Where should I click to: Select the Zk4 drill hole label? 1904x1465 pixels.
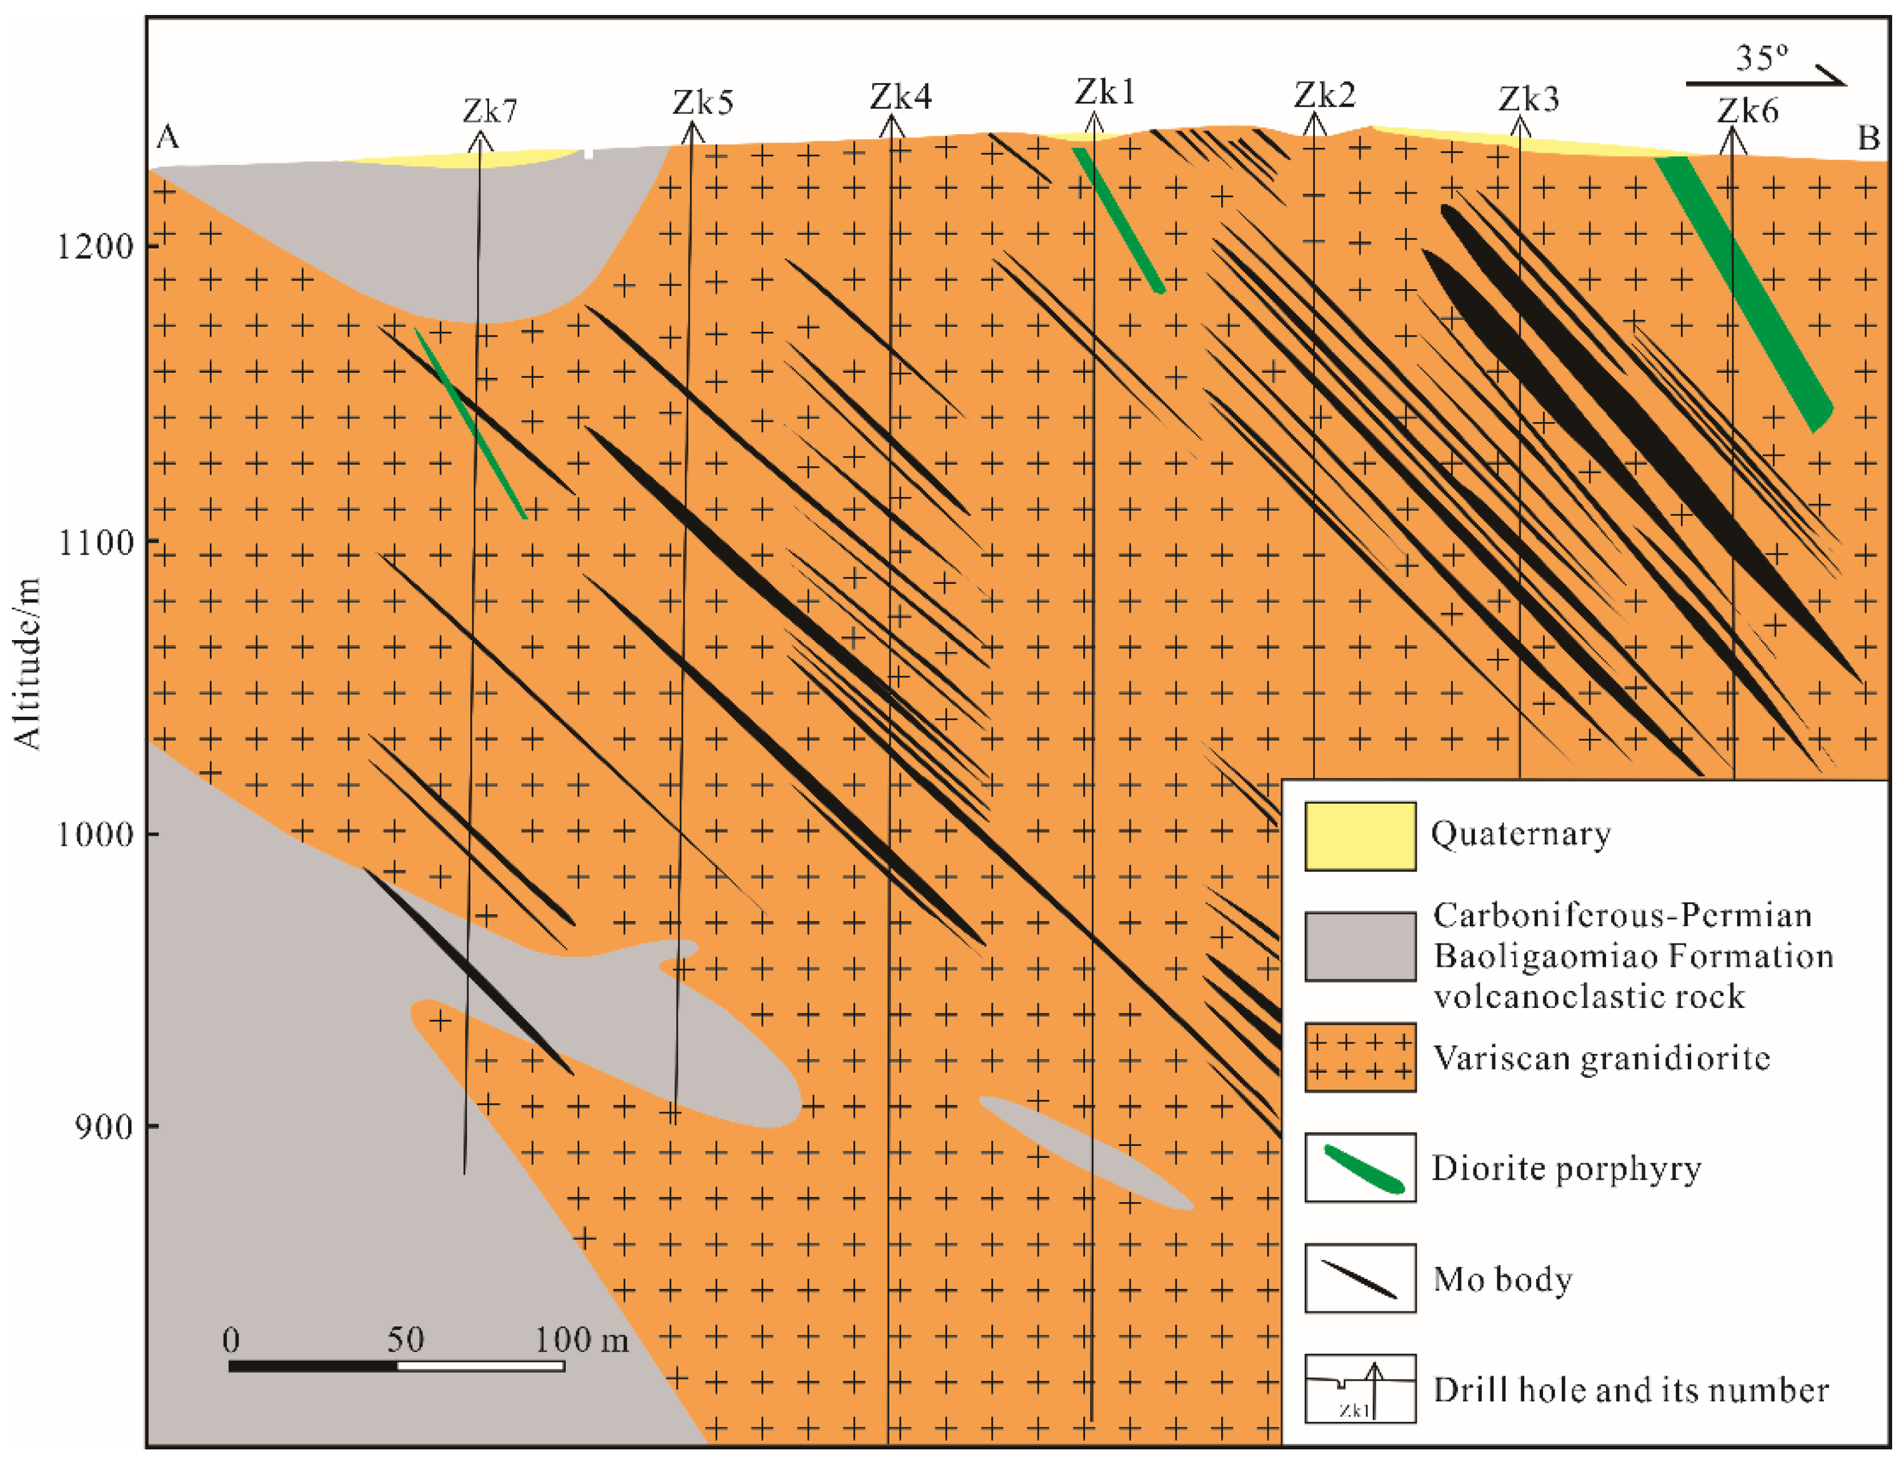point(901,97)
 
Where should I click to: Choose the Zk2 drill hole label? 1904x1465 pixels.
point(1324,95)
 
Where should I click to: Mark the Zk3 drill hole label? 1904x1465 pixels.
point(1528,99)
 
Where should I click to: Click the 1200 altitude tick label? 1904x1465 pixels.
point(95,247)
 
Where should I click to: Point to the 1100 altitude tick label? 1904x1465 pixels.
point(95,543)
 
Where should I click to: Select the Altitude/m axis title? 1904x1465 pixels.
point(28,663)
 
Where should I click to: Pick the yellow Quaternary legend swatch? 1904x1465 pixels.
point(1359,836)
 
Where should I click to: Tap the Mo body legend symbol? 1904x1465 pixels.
point(1359,1278)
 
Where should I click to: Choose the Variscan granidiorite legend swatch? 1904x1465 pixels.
point(1359,1057)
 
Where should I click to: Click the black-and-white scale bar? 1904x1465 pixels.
point(396,1366)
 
